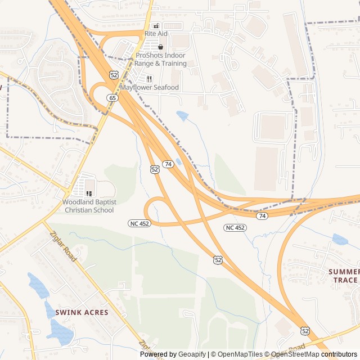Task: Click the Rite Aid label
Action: pos(156,34)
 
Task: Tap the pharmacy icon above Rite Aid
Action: pos(156,26)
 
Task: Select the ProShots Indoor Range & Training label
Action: pos(160,60)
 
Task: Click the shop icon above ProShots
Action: pos(160,47)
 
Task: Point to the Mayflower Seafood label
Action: pos(150,88)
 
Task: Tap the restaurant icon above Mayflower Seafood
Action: pos(149,79)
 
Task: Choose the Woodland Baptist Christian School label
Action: pos(89,206)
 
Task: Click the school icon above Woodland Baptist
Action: pos(89,193)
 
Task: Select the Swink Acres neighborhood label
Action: pos(78,312)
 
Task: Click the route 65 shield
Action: pos(113,98)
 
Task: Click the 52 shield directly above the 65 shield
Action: pos(114,74)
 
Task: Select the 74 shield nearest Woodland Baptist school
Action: pos(168,164)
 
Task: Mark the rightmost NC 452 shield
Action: pos(235,227)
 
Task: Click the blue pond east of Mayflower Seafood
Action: pos(182,116)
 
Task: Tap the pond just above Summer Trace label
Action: pos(340,240)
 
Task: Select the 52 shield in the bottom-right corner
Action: pos(305,331)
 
